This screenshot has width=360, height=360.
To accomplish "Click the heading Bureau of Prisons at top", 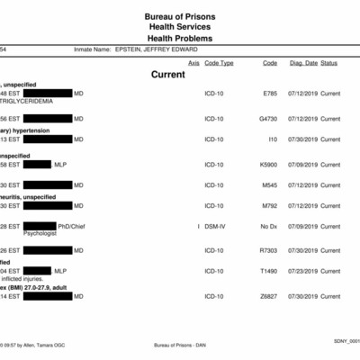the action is (180, 17).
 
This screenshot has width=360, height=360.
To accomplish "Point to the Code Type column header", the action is (219, 63).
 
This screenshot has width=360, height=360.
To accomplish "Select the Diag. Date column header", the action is (302, 63).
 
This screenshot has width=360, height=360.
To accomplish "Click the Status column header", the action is (329, 63).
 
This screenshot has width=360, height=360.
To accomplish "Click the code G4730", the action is (269, 119).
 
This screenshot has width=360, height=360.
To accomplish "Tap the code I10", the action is (273, 139).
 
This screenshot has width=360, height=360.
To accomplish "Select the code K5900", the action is (269, 165).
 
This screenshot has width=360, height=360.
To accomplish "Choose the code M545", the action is (270, 185).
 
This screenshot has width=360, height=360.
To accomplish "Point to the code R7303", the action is (269, 250).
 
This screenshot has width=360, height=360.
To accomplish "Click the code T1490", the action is (269, 271).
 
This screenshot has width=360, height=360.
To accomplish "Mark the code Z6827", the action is (269, 296).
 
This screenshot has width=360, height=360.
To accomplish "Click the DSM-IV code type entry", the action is (215, 225).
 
